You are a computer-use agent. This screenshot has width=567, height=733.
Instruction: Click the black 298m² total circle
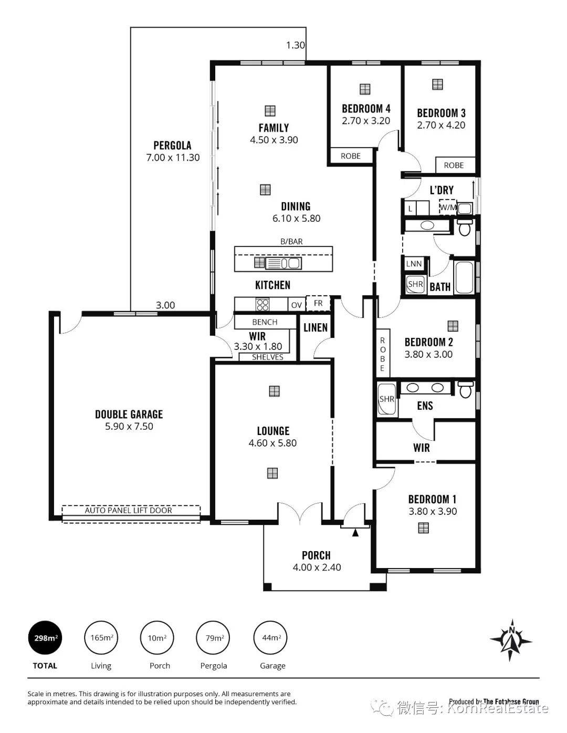[x=45, y=637]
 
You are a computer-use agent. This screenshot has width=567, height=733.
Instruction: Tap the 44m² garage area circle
[x=270, y=637]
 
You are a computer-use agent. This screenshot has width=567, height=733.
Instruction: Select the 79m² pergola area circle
[x=213, y=637]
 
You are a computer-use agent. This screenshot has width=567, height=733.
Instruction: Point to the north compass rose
[x=511, y=640]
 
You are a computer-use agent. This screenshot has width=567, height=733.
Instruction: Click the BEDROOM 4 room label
[x=366, y=109]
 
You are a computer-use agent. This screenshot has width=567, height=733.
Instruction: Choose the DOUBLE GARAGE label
[x=129, y=414]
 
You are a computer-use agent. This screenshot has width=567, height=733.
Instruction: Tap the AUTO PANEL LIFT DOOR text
[x=128, y=510]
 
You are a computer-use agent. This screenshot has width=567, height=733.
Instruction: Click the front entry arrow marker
[x=355, y=533]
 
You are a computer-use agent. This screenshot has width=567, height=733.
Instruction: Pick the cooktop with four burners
[x=262, y=304]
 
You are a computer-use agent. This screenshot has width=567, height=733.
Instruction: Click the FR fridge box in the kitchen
[x=318, y=303]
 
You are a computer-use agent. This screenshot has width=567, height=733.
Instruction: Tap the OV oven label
[x=297, y=305]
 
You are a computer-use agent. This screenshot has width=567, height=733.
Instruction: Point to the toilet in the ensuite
[x=466, y=389]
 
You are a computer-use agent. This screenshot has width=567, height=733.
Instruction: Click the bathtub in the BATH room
[x=464, y=276]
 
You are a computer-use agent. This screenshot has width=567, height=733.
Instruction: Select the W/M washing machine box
[x=448, y=207]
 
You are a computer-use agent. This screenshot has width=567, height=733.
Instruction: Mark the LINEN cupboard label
[x=316, y=327]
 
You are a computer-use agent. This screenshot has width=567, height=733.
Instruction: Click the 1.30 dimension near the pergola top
[x=296, y=45]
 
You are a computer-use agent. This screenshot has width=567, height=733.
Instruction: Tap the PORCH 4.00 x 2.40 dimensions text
[x=317, y=567]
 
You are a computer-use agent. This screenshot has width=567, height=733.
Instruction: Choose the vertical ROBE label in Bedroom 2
[x=382, y=354]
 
